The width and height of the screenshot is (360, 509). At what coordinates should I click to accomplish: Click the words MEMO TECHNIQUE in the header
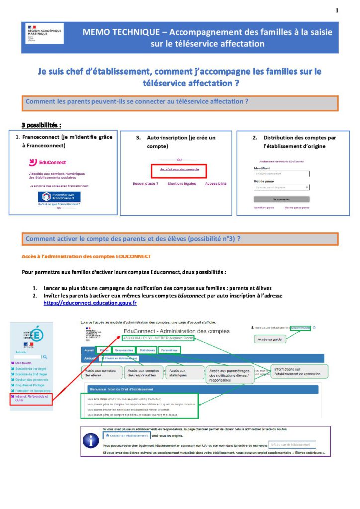pos(120,32)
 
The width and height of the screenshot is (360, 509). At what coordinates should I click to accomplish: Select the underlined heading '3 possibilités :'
pos(41,124)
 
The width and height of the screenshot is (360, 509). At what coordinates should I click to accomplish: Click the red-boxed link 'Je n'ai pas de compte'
pos(180,170)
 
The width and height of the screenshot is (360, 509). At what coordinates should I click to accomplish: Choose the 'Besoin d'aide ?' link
pos(145,184)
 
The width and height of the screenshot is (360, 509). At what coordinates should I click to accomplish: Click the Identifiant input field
pos(281,174)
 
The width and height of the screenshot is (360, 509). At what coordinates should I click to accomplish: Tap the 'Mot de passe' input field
pos(281,187)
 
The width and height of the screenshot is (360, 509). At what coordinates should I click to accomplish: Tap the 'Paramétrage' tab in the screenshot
pos(170,350)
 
